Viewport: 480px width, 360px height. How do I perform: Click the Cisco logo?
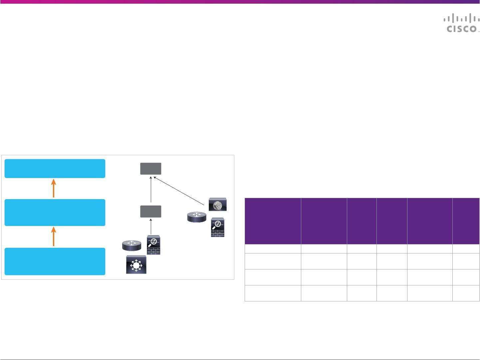(461, 24)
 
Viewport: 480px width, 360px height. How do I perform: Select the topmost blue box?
(55, 169)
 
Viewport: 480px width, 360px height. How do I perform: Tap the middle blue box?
(55, 212)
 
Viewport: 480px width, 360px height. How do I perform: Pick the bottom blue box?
(55, 261)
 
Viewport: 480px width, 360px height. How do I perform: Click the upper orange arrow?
(54, 188)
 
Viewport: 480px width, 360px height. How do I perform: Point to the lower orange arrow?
(54, 237)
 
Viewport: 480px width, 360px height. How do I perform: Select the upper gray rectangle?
(151, 169)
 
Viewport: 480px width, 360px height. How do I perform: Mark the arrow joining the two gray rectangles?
(151, 190)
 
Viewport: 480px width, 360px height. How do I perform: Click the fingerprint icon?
(217, 204)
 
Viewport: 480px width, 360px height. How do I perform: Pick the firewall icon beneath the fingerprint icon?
(217, 228)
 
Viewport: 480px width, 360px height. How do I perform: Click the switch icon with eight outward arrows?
(136, 265)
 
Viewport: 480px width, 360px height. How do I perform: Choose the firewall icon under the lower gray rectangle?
(153, 245)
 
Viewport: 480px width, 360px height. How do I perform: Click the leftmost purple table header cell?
(273, 221)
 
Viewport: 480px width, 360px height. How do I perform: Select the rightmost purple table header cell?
(466, 221)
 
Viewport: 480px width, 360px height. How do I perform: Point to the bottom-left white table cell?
(273, 293)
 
